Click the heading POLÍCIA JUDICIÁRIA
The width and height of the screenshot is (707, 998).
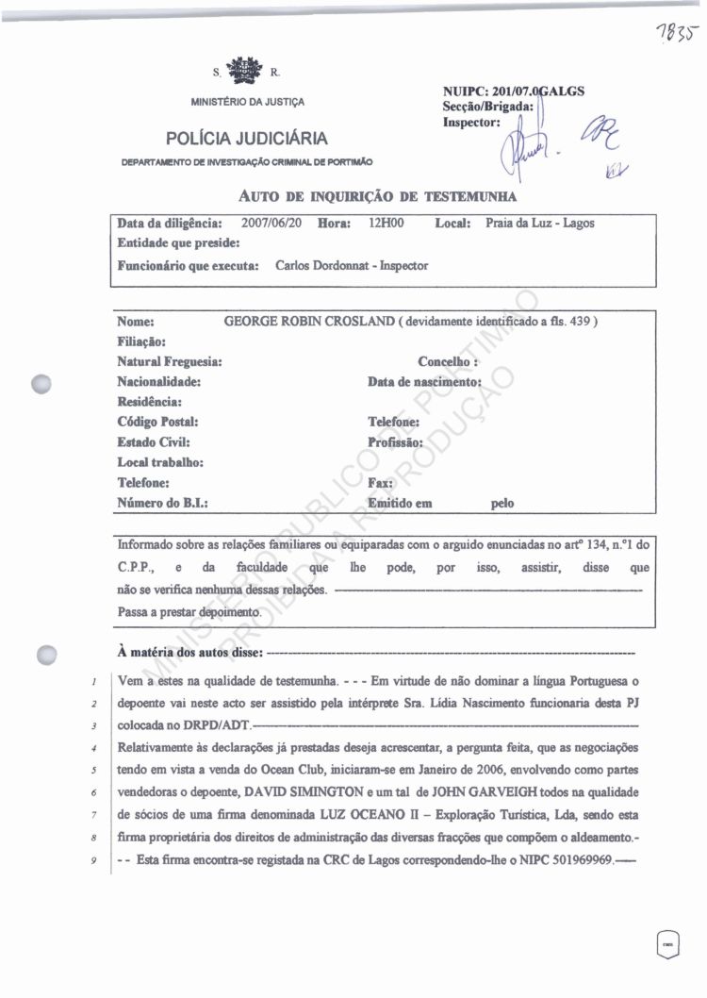click(247, 140)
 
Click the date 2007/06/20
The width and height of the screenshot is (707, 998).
click(272, 224)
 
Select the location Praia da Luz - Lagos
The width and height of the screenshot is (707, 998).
click(540, 224)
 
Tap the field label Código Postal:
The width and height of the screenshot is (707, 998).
click(157, 423)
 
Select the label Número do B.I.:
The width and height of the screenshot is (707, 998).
click(162, 503)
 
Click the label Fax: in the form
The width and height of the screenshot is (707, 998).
click(380, 483)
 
